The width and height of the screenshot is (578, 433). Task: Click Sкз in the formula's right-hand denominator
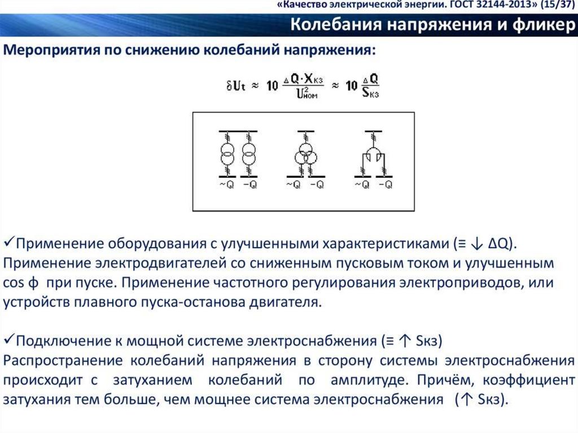(370, 93)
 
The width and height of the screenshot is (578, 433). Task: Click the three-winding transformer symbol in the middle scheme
(305, 155)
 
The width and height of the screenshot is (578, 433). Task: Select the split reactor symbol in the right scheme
(373, 155)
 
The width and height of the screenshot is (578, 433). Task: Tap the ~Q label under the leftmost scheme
(226, 185)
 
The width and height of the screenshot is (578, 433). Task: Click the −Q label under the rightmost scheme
(386, 185)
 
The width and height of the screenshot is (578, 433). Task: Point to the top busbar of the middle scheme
(305, 130)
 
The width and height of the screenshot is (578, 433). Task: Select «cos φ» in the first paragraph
(23, 282)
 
